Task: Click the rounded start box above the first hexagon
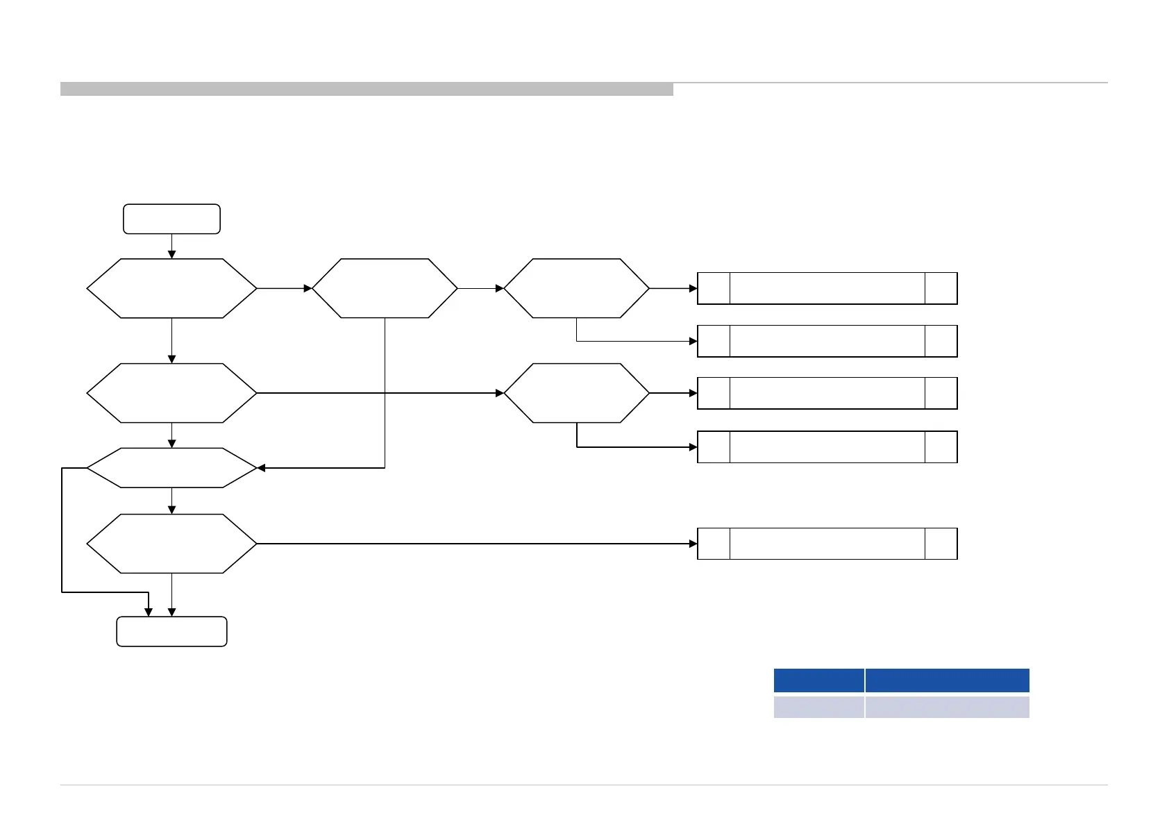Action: pyautogui.click(x=171, y=219)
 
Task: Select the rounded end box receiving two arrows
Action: pyautogui.click(x=171, y=631)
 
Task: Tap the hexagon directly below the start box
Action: pyautogui.click(x=171, y=288)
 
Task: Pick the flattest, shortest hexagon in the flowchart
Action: pyautogui.click(x=171, y=468)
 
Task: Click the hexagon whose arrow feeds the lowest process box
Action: pyautogui.click(x=171, y=544)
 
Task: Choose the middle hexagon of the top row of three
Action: pyautogui.click(x=385, y=288)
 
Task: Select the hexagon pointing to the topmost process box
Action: pyautogui.click(x=576, y=288)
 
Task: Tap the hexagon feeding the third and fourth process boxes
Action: pyautogui.click(x=576, y=393)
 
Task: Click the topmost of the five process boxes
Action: pyautogui.click(x=827, y=288)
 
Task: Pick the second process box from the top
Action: pyautogui.click(x=827, y=341)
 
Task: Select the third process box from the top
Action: pyautogui.click(x=827, y=393)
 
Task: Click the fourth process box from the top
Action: pyautogui.click(x=827, y=446)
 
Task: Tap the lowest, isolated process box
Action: pyautogui.click(x=827, y=544)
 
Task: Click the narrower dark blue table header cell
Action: pyautogui.click(x=818, y=680)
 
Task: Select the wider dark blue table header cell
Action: pyautogui.click(x=947, y=680)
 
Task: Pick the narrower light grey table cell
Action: pyautogui.click(x=818, y=707)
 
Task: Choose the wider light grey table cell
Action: pyautogui.click(x=947, y=707)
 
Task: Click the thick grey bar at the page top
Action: pyautogui.click(x=367, y=89)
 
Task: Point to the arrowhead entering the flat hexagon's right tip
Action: pyautogui.click(x=262, y=468)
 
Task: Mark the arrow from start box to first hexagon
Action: pyautogui.click(x=171, y=246)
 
